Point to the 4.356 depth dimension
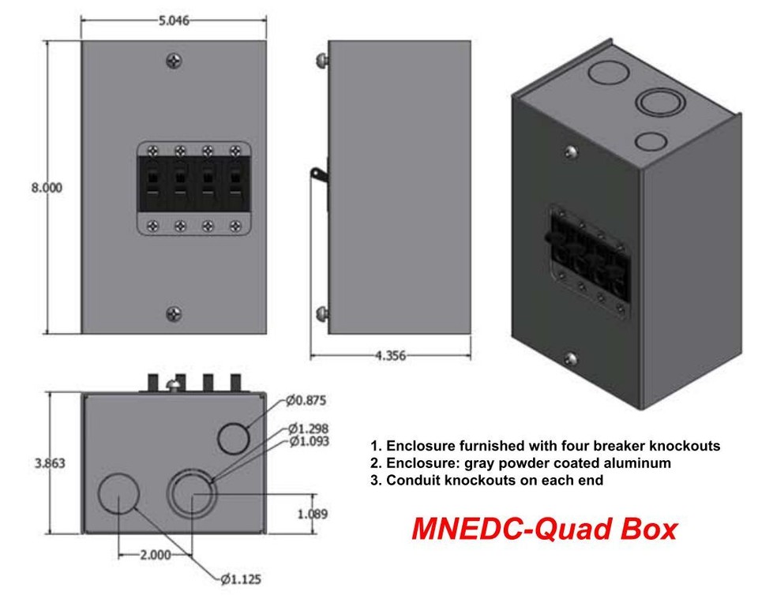point(390,356)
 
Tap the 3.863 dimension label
point(50,463)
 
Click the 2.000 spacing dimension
point(155,555)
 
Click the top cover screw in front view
point(174,62)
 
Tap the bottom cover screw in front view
point(174,314)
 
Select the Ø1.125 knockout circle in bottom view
point(118,493)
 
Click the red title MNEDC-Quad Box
point(543,529)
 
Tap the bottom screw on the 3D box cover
point(570,360)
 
